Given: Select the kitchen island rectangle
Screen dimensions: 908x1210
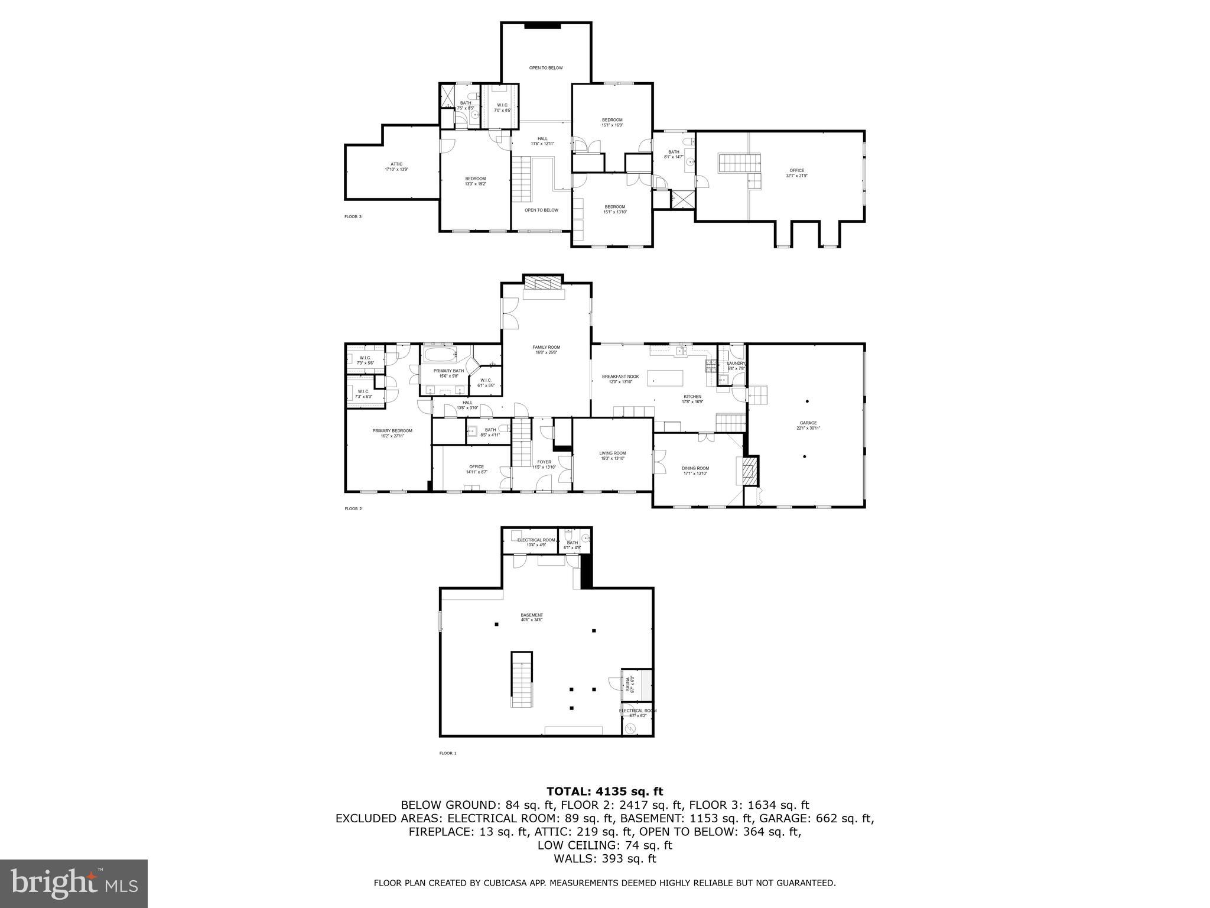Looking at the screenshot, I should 666,377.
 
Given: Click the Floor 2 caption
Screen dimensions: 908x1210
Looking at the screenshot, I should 353,508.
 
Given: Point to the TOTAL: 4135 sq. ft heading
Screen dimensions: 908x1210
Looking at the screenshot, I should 604,792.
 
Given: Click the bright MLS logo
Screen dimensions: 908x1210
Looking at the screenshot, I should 74,883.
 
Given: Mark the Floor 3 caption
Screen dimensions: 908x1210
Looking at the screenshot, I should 353,217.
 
